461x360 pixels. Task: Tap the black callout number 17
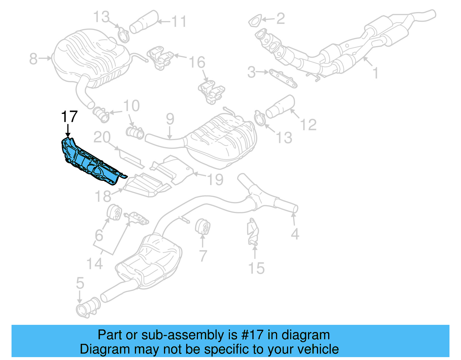point(69,117)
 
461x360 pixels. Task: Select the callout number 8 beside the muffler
point(33,59)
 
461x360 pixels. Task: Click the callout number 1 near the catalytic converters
point(375,73)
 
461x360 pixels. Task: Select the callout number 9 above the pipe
point(170,119)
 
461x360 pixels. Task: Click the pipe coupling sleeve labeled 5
point(88,308)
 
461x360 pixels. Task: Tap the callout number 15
point(256,268)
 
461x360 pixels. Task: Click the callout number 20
point(102,137)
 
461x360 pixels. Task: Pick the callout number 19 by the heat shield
point(215,179)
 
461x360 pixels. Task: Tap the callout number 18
point(103,197)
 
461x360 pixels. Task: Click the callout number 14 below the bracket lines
point(95,264)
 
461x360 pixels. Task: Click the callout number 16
point(197,62)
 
